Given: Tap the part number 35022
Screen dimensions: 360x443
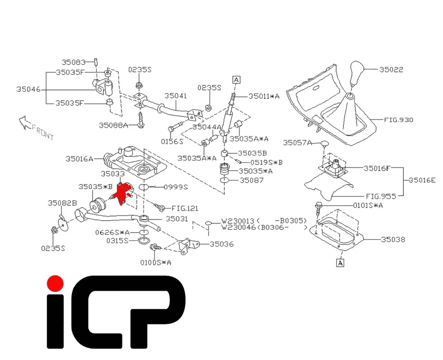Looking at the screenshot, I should [x=391, y=70].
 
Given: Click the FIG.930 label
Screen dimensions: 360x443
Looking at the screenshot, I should [x=399, y=120].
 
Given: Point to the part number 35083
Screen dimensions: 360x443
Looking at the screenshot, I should [x=74, y=61].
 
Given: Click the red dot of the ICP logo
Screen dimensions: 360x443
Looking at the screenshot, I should [x=55, y=283].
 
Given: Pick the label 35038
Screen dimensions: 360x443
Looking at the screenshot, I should [x=393, y=240].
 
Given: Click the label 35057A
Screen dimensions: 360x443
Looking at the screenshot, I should [x=298, y=143].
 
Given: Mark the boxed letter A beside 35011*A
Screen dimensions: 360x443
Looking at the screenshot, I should [x=236, y=79].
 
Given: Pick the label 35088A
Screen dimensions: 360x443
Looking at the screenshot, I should [x=114, y=125].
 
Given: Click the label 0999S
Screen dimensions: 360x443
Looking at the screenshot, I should [x=177, y=186].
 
